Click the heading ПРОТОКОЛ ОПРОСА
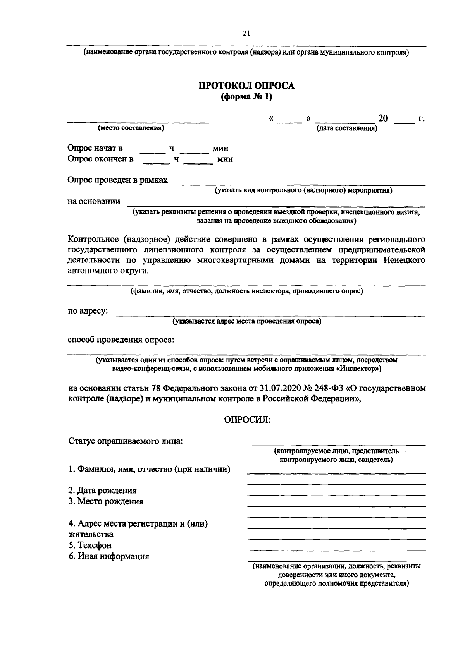pos(246,86)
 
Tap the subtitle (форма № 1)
pos(246,97)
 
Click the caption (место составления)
pos(131,128)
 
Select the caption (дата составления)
pos(346,128)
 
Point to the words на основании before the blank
pos(94,201)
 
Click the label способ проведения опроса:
pos(121,340)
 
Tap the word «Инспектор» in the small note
pos(357,369)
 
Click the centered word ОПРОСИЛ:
pos(246,420)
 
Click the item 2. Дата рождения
pos(102,491)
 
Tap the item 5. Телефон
pos(90,545)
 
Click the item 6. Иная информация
pos(108,556)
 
